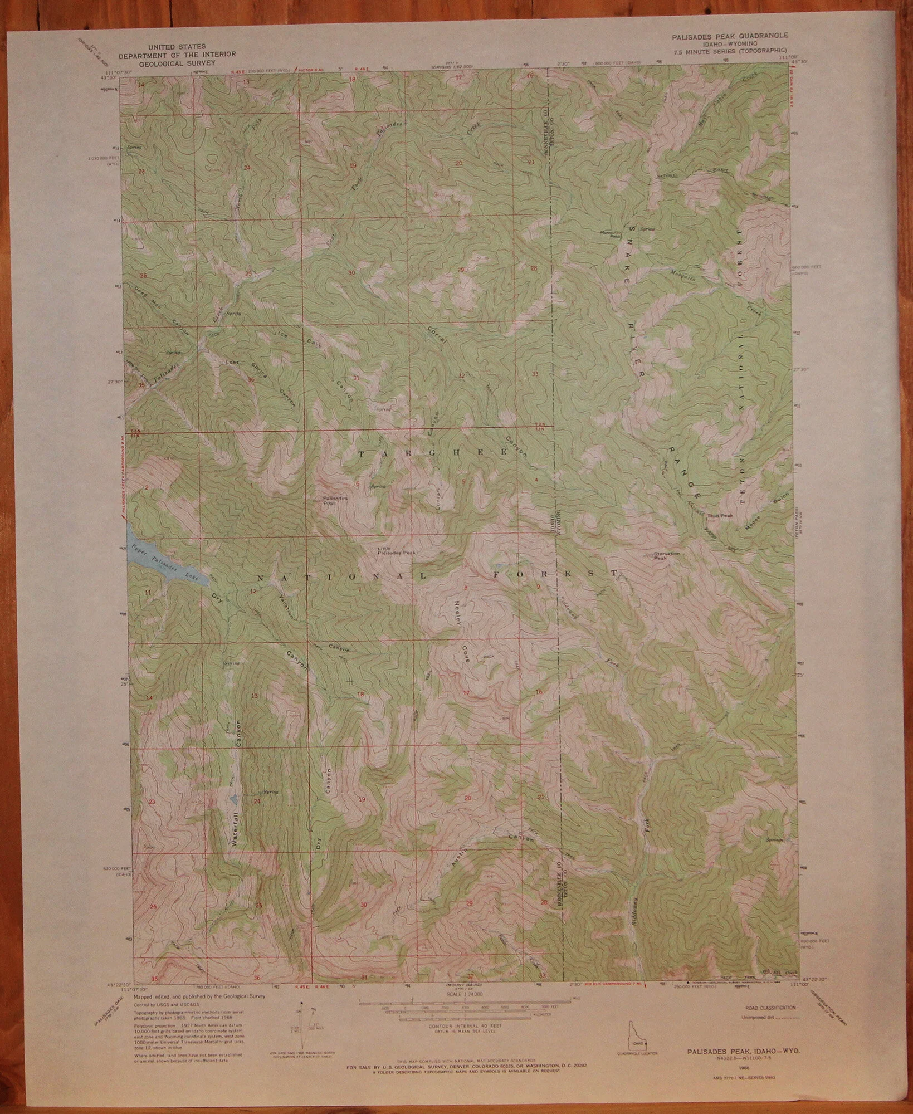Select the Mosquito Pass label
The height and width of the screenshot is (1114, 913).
[x=611, y=234]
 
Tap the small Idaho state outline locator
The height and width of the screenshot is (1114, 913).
[x=637, y=1038]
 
